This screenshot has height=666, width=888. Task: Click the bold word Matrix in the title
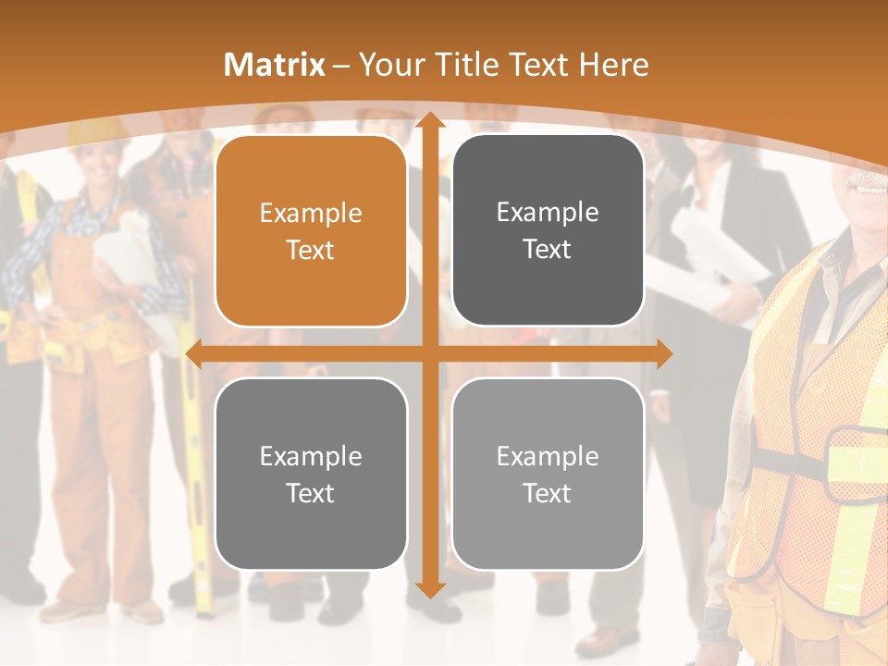275,65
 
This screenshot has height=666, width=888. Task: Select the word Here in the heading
613,65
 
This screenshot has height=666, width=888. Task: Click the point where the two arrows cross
427,353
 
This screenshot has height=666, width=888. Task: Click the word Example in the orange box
311,214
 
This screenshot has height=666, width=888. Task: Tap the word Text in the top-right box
548,250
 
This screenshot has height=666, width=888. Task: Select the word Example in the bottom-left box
311,456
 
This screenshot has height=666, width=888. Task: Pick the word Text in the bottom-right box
548,493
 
